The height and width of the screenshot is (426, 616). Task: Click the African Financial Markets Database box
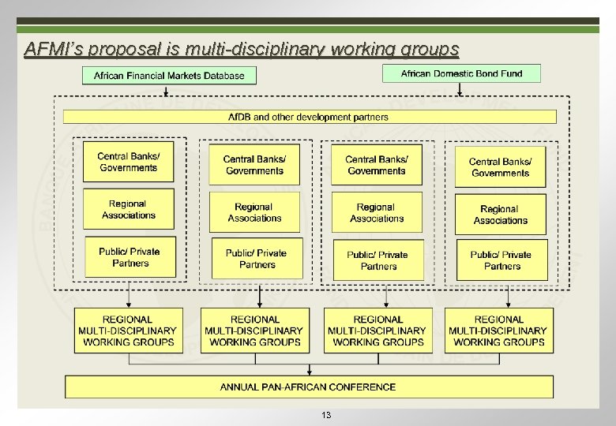point(169,76)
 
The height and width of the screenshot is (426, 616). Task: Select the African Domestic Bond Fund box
point(461,73)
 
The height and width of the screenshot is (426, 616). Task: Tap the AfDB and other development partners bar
point(309,117)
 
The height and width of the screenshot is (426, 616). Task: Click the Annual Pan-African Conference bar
point(309,387)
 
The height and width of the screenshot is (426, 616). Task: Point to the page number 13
point(326,415)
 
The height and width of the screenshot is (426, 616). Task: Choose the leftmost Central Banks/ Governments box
point(129,162)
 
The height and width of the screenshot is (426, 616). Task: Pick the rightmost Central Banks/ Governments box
point(500,167)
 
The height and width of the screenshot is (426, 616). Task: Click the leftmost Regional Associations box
point(129,210)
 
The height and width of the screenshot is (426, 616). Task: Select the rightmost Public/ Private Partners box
point(501,260)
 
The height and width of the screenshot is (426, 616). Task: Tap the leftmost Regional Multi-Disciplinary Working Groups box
point(128,331)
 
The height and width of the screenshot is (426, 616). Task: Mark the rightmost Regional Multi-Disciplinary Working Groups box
point(498,331)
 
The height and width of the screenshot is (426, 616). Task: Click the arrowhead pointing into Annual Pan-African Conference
point(309,372)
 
